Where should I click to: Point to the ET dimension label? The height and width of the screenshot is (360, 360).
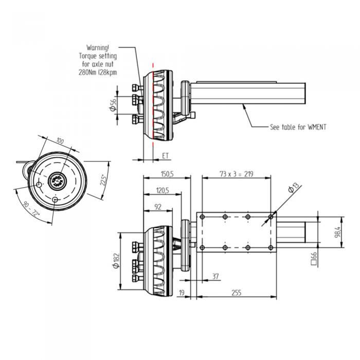click(x=166, y=155)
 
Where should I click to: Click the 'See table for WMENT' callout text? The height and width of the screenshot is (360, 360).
click(x=299, y=126)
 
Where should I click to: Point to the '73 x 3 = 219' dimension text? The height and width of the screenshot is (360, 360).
click(x=236, y=174)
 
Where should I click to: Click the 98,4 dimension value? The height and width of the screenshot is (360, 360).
click(x=338, y=233)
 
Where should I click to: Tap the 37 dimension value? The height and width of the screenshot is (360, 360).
click(x=215, y=277)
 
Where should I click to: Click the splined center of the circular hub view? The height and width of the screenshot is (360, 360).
click(x=56, y=181)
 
